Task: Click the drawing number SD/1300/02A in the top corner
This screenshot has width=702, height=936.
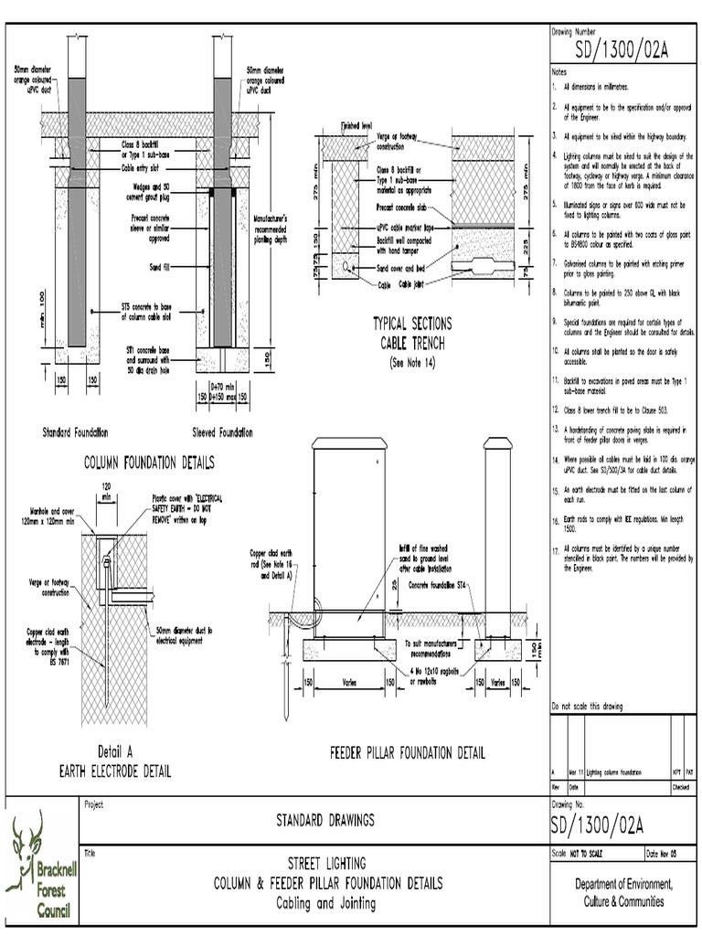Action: click(622, 50)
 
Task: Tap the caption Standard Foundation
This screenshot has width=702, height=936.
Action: click(77, 431)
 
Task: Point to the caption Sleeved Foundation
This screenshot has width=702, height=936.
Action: click(222, 431)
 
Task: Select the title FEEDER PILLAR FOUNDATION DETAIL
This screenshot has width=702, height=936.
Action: click(407, 753)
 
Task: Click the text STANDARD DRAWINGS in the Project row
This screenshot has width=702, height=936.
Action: click(325, 820)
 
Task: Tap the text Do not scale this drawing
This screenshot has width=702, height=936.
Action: click(587, 707)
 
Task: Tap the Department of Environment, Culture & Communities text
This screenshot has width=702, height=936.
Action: click(624, 893)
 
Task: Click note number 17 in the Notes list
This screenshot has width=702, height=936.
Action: click(555, 549)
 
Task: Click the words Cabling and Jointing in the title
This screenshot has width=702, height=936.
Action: click(326, 904)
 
